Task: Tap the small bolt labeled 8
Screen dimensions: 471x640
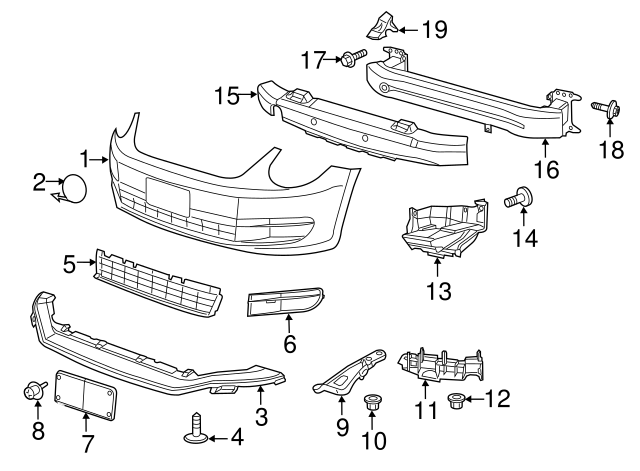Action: pos(36,391)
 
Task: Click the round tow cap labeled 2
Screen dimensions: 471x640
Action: pos(73,187)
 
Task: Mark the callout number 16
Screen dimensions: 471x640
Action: pos(546,169)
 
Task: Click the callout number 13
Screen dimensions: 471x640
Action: pos(439,292)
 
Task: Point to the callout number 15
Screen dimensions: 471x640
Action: pos(227,96)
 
